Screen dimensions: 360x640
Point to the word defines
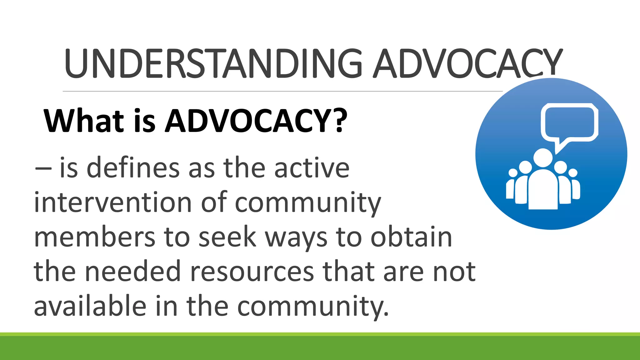[133, 168]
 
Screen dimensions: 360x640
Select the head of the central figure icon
[543, 157]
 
